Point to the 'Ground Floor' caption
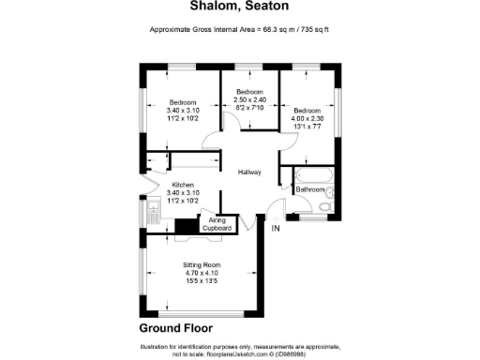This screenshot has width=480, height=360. point(175,328)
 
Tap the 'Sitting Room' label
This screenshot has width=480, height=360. point(202,265)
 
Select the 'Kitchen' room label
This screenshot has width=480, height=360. point(183,185)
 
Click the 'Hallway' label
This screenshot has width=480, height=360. point(248,172)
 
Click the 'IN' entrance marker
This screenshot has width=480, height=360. point(276,229)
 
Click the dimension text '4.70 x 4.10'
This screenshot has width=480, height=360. point(202,273)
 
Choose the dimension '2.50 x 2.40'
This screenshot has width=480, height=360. point(250,99)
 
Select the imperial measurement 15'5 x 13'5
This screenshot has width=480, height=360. point(202,280)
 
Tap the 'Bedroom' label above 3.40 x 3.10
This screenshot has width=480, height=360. point(183,102)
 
